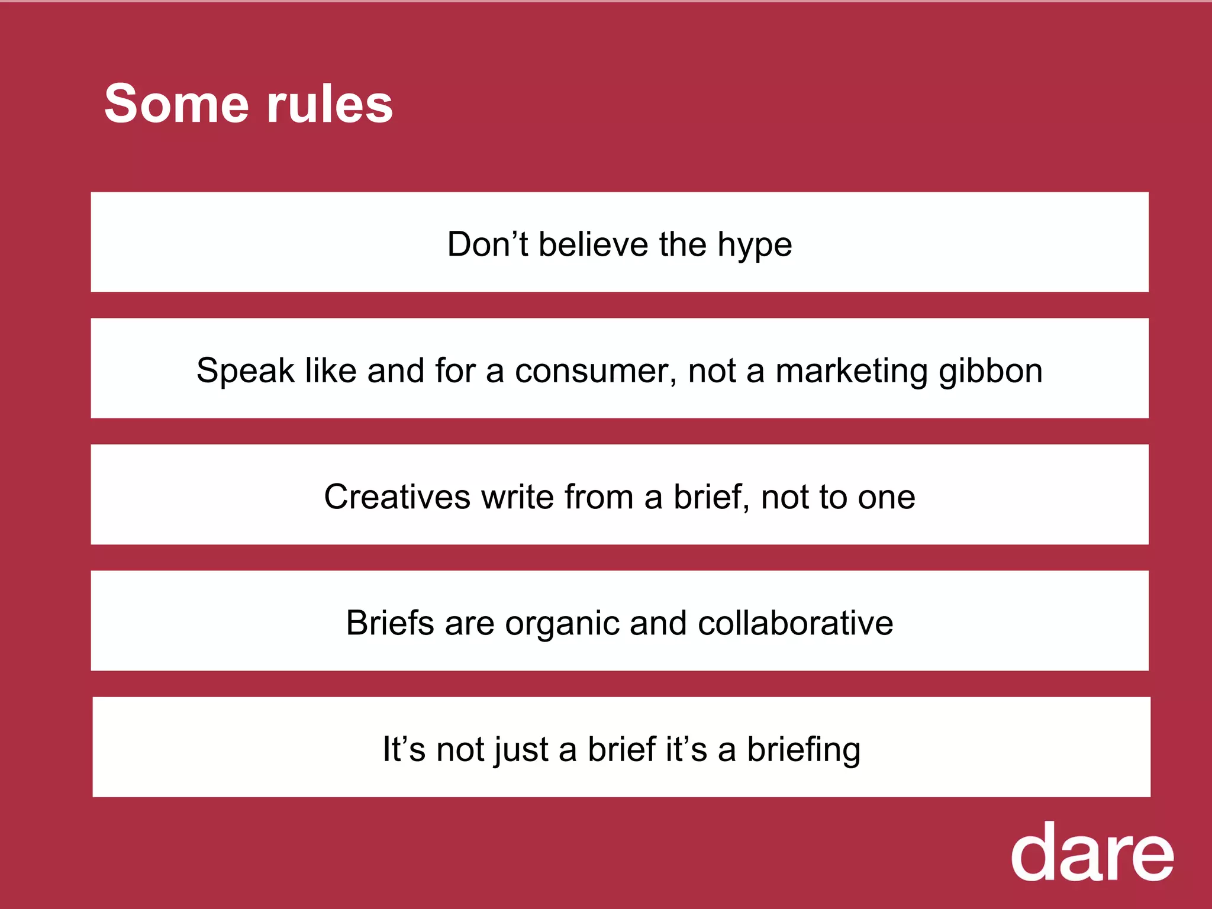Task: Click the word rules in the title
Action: click(x=329, y=104)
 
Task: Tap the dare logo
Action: click(x=1092, y=852)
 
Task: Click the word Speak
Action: click(x=245, y=371)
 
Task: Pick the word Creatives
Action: click(x=397, y=497)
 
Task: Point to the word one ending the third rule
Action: click(x=886, y=498)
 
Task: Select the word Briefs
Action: click(x=390, y=623)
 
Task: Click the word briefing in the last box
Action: click(x=803, y=750)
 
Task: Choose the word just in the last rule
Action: click(x=521, y=750)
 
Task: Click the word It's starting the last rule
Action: click(x=404, y=749)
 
